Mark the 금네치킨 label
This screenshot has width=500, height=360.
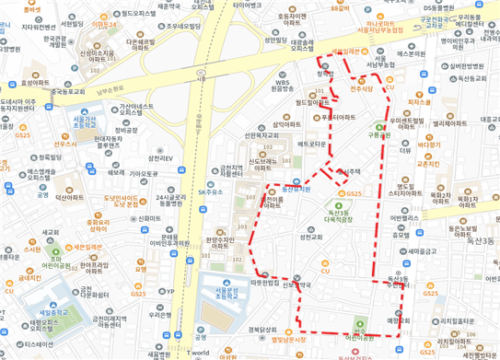click(x=29, y=276)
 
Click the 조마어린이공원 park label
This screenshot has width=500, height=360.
click(x=40, y=260)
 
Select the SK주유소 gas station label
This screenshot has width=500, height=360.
click(x=211, y=192)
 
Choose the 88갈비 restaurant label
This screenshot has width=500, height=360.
click(x=340, y=7)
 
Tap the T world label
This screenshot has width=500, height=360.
click(x=198, y=353)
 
